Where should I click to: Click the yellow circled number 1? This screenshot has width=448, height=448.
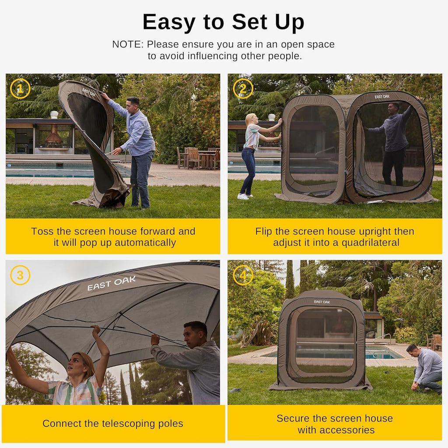[20, 88]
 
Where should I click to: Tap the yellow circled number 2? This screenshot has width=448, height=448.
[243, 88]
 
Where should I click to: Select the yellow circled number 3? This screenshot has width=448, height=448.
[20, 275]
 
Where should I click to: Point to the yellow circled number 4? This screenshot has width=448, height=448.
[243, 275]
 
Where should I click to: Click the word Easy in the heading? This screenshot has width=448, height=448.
[168, 22]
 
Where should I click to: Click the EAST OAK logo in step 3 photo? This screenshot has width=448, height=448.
[111, 283]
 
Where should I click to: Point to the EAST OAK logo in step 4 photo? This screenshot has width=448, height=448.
[322, 302]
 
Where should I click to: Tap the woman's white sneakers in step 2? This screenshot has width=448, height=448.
[243, 196]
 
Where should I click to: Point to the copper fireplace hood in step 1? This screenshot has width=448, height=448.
[53, 136]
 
